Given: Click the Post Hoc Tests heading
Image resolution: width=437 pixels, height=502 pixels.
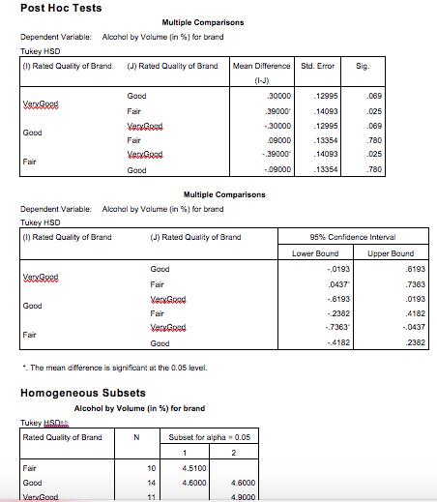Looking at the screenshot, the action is point(63,8).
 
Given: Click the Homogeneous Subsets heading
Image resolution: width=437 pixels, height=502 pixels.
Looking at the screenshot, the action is point(84,394).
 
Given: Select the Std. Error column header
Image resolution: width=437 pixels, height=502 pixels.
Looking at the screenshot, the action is point(318,66).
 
